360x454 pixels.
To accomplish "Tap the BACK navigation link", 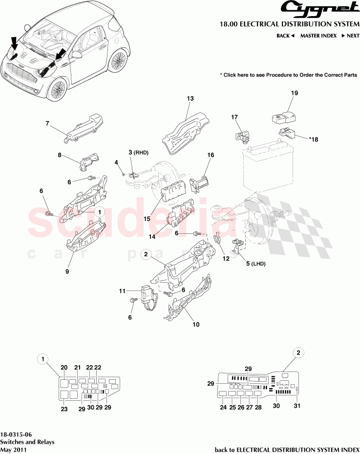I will [x=285, y=36].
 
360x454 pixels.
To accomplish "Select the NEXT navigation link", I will [x=350, y=36].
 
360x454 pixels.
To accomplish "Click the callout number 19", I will [x=295, y=93].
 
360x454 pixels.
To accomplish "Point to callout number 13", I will [x=191, y=99].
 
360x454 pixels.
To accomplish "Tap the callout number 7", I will [x=47, y=124].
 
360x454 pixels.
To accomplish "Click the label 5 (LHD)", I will [x=255, y=263].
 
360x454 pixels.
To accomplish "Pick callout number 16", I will [x=211, y=155].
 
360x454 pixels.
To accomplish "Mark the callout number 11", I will [x=122, y=291].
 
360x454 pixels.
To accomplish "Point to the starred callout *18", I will [x=313, y=139].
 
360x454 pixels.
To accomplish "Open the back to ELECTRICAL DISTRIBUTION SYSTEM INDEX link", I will [x=287, y=449].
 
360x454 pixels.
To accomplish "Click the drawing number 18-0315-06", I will [x=17, y=434].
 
